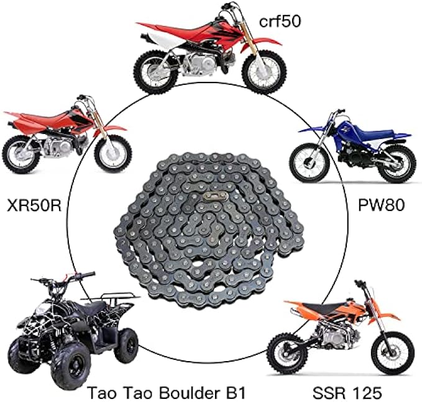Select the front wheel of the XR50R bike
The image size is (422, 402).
(112, 153)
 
